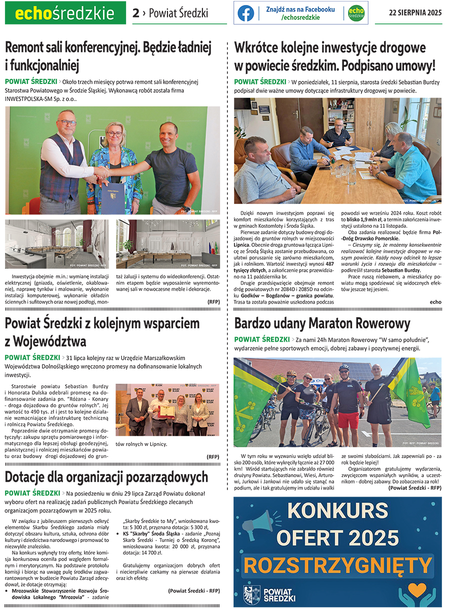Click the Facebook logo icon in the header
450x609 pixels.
[x=245, y=13]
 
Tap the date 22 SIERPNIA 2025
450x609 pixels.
[x=415, y=13]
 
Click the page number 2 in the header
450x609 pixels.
[x=135, y=13]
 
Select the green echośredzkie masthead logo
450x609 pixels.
[x=65, y=13]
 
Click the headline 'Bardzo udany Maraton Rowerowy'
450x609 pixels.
[x=322, y=323]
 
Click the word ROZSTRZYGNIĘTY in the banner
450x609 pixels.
[x=338, y=565]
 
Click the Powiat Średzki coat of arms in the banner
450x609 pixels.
[x=251, y=595]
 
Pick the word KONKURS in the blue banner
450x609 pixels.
[x=338, y=511]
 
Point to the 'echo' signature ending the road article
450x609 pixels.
[x=435, y=302]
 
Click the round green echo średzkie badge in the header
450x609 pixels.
[x=356, y=13]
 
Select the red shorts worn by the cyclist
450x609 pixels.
[x=348, y=420]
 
